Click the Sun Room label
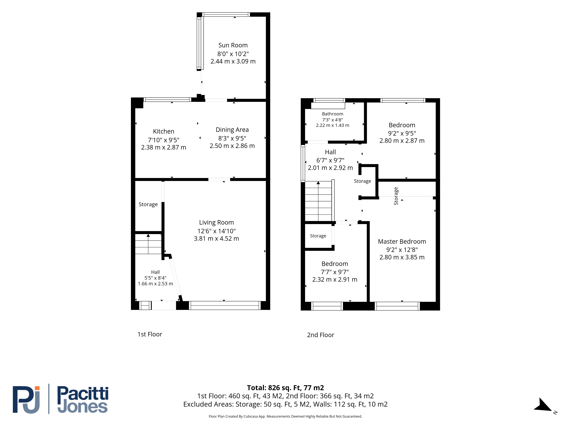(233, 45)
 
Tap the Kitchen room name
(164, 131)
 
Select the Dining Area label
(232, 130)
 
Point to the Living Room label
(216, 222)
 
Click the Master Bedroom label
(402, 242)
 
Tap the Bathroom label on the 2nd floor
(332, 114)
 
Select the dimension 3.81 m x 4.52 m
(216, 239)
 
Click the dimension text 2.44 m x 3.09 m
(233, 61)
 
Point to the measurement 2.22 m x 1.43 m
(332, 125)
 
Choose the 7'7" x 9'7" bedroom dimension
(335, 272)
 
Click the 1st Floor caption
(150, 334)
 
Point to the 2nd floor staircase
(318, 201)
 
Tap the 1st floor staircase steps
(148, 244)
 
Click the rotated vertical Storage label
(396, 196)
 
